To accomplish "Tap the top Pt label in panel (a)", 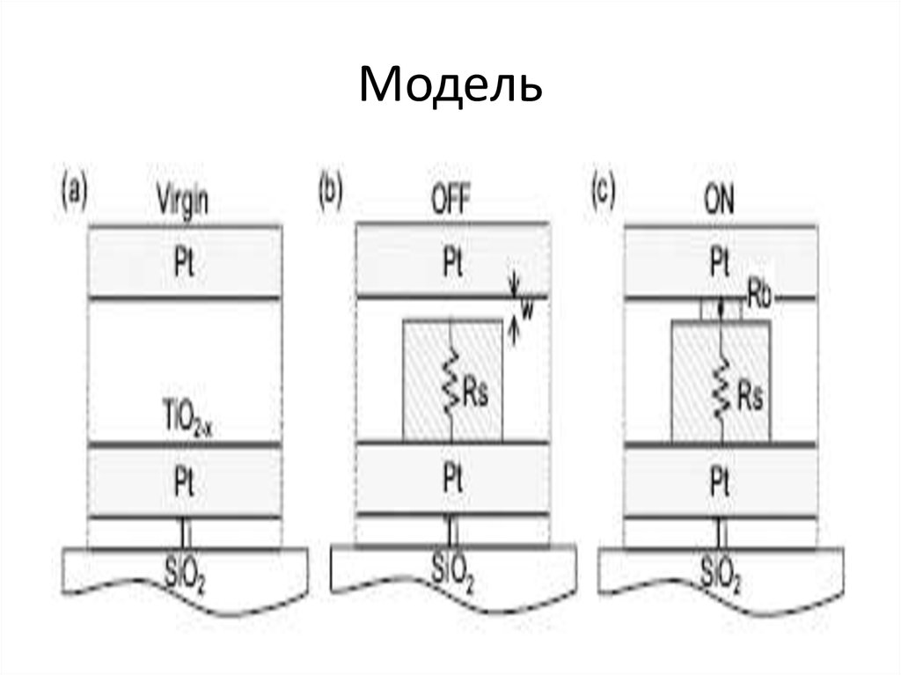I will (x=185, y=263).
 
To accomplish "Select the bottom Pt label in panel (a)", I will (x=185, y=483).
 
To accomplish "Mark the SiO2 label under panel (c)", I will (x=721, y=571).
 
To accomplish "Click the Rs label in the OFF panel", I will (x=474, y=393).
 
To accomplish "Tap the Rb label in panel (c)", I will (x=758, y=291).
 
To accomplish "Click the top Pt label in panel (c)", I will (x=720, y=263).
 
